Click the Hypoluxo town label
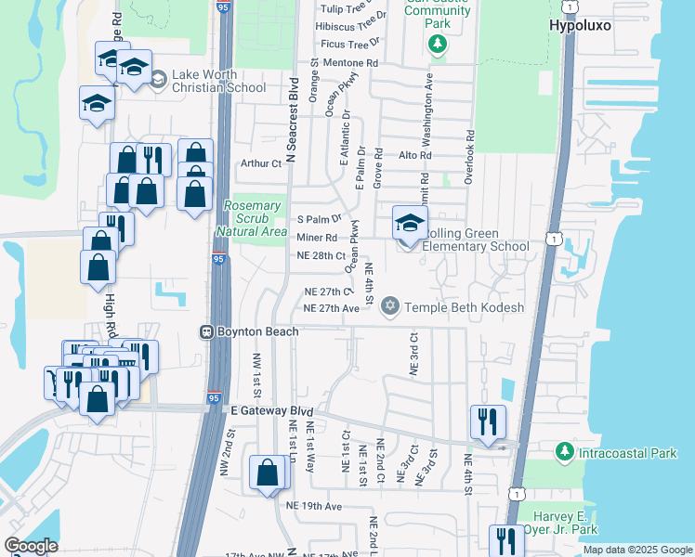click(x=581, y=26)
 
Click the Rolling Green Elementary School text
click(x=474, y=240)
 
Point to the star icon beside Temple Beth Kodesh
click(x=390, y=305)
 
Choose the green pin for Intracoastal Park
click(x=563, y=451)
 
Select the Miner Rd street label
click(x=316, y=238)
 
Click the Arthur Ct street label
click(x=260, y=163)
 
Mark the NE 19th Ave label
click(x=315, y=506)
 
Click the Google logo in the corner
click(x=31, y=546)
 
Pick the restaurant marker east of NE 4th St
click(x=488, y=422)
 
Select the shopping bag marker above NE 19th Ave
click(x=268, y=473)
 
